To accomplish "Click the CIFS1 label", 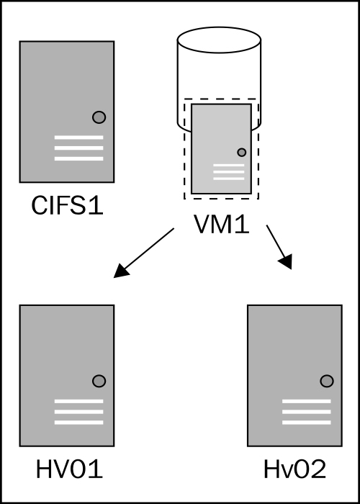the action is pyautogui.click(x=67, y=205).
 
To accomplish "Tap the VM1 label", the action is pyautogui.click(x=222, y=225).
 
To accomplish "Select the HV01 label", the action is pyautogui.click(x=69, y=469).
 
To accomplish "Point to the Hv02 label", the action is pyautogui.click(x=294, y=469).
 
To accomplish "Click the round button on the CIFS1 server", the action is pyautogui.click(x=99, y=117).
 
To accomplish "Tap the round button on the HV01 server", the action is pyautogui.click(x=99, y=381).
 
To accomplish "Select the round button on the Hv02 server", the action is pyautogui.click(x=327, y=381).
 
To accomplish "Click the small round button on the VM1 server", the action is pyautogui.click(x=242, y=153).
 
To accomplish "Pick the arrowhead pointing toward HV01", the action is pyautogui.click(x=121, y=271).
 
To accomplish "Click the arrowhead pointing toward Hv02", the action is pyautogui.click(x=286, y=261).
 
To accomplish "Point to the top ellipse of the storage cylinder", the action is pyautogui.click(x=219, y=40).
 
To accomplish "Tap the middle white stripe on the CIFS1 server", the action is pyautogui.click(x=78, y=148).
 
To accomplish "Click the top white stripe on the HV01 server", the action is pyautogui.click(x=78, y=401).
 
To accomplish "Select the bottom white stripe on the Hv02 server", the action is pyautogui.click(x=306, y=423).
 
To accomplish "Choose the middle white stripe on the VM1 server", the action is pyautogui.click(x=228, y=171).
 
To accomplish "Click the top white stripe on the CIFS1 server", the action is pyautogui.click(x=78, y=138).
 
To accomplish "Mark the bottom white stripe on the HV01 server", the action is pyautogui.click(x=78, y=423).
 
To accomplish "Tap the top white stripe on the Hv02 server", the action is pyautogui.click(x=306, y=401).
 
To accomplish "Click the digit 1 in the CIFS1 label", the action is pyautogui.click(x=96, y=205).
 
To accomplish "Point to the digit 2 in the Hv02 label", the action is pyautogui.click(x=319, y=469).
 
